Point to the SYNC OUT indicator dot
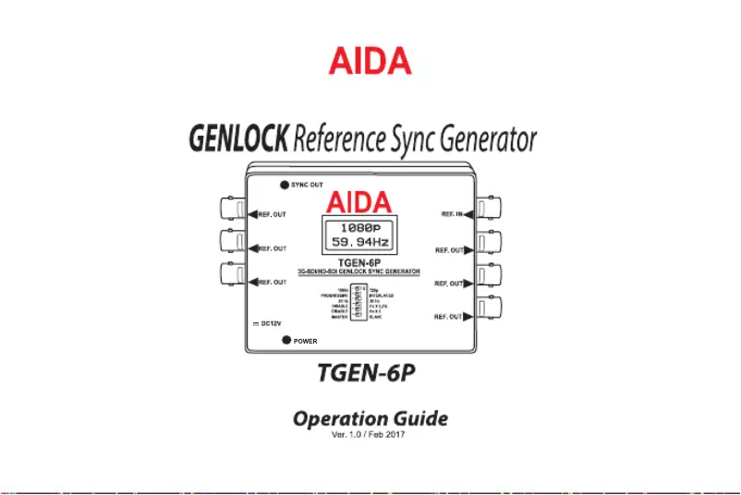click(285, 185)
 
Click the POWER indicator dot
click(287, 341)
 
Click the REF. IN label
click(451, 214)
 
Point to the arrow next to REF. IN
click(468, 214)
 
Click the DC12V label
click(270, 324)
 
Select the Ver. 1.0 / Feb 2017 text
click(370, 435)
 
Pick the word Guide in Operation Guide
click(420, 419)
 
